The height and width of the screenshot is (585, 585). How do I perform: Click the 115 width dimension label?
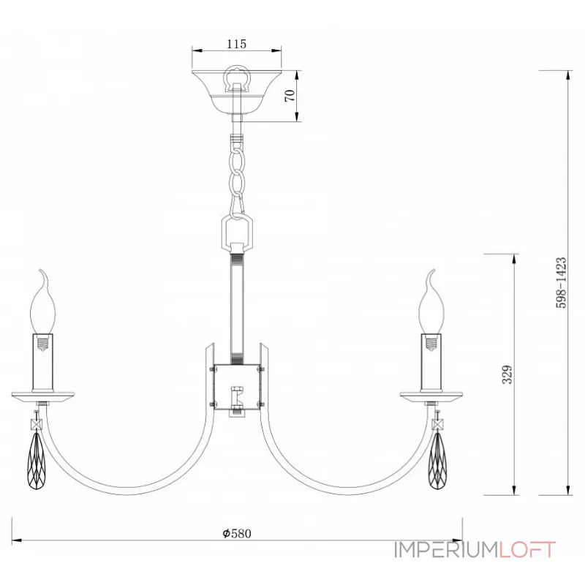pyautogui.click(x=236, y=44)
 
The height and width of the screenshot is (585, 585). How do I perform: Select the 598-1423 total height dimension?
pyautogui.click(x=561, y=282)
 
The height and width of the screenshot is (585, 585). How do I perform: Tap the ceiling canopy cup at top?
pyautogui.click(x=236, y=92)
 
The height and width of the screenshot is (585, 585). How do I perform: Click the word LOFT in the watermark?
pyautogui.click(x=527, y=550)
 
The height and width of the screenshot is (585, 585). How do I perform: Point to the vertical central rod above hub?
pyautogui.click(x=236, y=307)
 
